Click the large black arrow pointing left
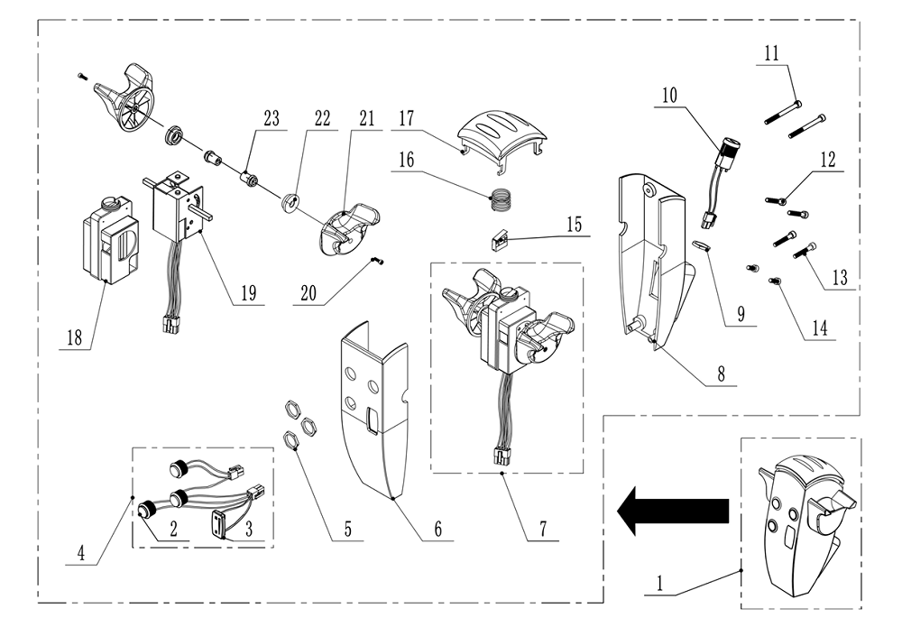coord(672,512)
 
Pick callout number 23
coord(271,119)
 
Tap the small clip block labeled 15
coord(499,241)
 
